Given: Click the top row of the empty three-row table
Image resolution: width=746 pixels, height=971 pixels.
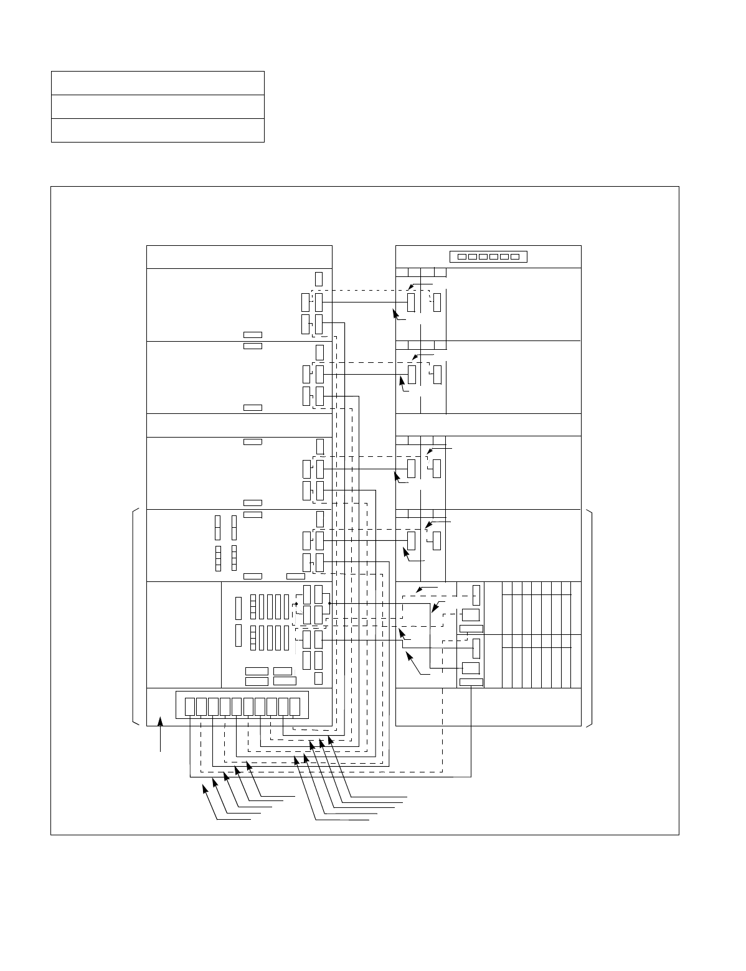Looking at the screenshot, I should [x=158, y=83].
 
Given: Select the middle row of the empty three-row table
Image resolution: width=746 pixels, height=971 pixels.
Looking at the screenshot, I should [x=158, y=106].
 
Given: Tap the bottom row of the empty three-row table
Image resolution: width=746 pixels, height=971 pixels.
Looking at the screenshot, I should [x=158, y=130].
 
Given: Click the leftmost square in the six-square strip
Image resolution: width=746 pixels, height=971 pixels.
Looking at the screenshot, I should [x=461, y=256].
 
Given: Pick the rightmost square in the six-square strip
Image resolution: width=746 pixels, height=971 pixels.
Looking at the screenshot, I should [x=515, y=256].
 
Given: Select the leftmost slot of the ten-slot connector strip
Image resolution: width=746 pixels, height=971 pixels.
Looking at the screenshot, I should [x=189, y=706].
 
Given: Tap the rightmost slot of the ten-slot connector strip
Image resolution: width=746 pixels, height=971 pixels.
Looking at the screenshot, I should [x=295, y=706].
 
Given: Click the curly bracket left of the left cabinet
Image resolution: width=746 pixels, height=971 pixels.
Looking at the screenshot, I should [x=135, y=617].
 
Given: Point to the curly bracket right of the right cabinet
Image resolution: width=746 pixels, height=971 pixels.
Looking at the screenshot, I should [x=590, y=617].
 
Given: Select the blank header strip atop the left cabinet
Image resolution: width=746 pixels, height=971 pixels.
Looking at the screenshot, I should [x=239, y=257].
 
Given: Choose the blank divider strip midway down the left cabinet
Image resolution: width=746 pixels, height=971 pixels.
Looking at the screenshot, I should [x=239, y=425].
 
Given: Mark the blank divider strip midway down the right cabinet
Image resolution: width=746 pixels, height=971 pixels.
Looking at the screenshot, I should [x=488, y=425].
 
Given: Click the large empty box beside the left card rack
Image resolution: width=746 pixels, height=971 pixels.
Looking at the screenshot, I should [x=184, y=635].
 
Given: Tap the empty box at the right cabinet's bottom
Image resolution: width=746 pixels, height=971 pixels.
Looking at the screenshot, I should [x=488, y=706].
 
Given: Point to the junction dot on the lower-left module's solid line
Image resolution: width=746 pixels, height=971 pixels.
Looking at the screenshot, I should [x=329, y=603].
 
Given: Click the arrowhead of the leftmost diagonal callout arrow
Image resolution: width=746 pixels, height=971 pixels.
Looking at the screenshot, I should [x=204, y=787].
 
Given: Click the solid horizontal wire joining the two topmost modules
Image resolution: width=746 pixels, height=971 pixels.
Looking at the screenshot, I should [x=365, y=303].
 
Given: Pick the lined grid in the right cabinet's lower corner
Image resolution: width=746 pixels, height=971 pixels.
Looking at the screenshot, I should [x=532, y=635].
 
